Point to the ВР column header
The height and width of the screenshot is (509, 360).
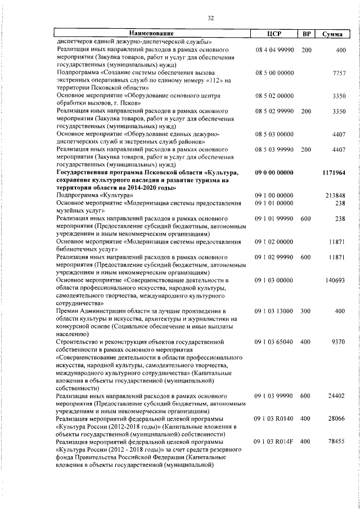[x=307, y=34]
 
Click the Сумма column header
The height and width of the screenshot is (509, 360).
[x=333, y=34]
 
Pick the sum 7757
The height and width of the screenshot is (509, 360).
[x=339, y=74]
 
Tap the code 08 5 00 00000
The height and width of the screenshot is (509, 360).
[x=274, y=74]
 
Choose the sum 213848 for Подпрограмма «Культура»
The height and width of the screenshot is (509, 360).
[x=336, y=195]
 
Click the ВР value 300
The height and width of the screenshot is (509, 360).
[x=306, y=310]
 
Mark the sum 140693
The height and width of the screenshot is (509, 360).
[x=336, y=280]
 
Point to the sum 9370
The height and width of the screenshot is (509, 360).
[x=339, y=341]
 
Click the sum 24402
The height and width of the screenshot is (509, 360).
[x=337, y=396]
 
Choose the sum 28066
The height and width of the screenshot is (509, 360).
[x=337, y=419]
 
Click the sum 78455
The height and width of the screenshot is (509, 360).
[x=337, y=442]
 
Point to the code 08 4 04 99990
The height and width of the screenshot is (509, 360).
[x=274, y=51]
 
